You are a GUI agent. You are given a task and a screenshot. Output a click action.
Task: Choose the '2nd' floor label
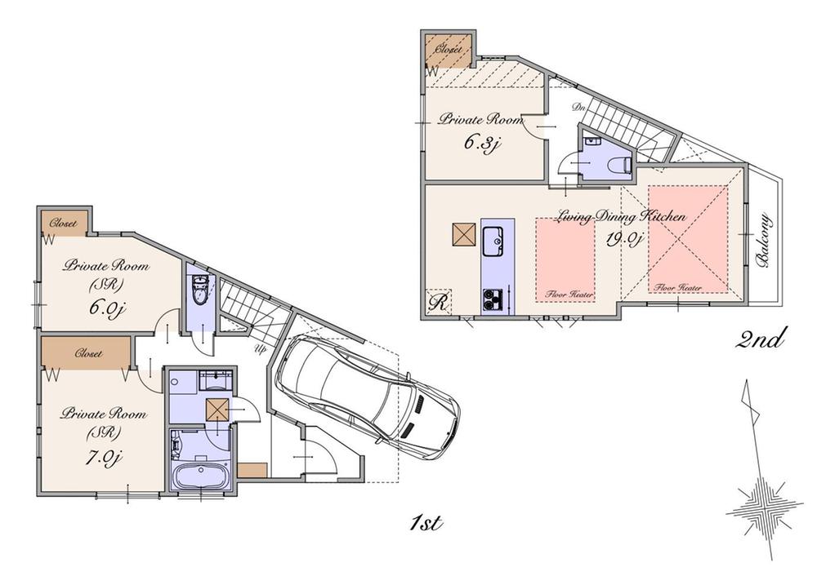(x=761, y=339)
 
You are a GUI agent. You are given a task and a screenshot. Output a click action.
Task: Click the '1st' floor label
(x=425, y=523)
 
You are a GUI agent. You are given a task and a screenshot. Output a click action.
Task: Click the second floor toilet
(x=619, y=163)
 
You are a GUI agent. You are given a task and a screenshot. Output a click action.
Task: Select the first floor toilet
(x=199, y=290)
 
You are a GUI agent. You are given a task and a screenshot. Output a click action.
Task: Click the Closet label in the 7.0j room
(x=88, y=354)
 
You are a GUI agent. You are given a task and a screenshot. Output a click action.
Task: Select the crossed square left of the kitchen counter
(x=462, y=233)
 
